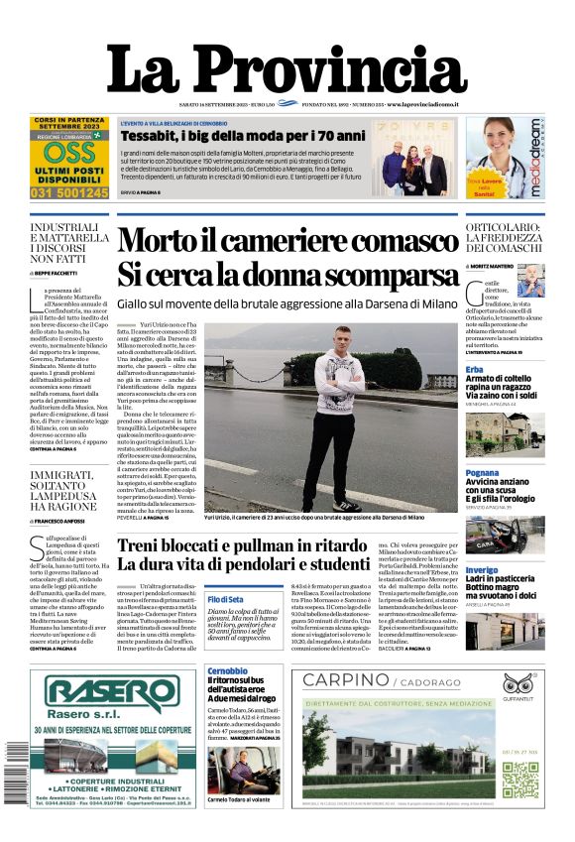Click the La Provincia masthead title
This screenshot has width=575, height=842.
click(x=287, y=69)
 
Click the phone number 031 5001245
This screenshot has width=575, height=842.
click(x=69, y=192)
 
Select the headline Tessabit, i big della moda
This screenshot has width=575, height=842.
click(x=243, y=135)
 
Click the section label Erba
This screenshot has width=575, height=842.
click(x=476, y=369)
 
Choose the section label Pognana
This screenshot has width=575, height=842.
click(x=482, y=473)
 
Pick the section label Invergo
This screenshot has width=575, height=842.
click(x=481, y=571)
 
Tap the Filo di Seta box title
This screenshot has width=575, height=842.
click(x=226, y=600)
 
